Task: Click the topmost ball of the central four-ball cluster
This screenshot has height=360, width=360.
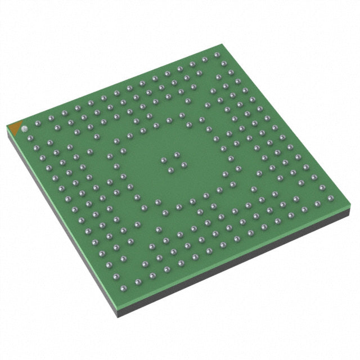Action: coord(177,154)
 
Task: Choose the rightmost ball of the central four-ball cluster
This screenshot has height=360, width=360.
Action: coord(183,165)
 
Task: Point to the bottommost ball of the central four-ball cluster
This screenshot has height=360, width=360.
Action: coord(170,170)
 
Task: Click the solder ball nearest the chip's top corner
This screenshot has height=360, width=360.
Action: coord(217,55)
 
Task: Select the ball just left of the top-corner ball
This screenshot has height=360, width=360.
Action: coord(205,58)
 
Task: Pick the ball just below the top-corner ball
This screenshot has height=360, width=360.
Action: coord(224,64)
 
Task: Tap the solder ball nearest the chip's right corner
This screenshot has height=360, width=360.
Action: coord(330,197)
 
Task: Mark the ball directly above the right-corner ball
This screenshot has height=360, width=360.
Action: coord(322,187)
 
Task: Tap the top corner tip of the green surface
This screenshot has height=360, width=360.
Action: coord(218,46)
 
